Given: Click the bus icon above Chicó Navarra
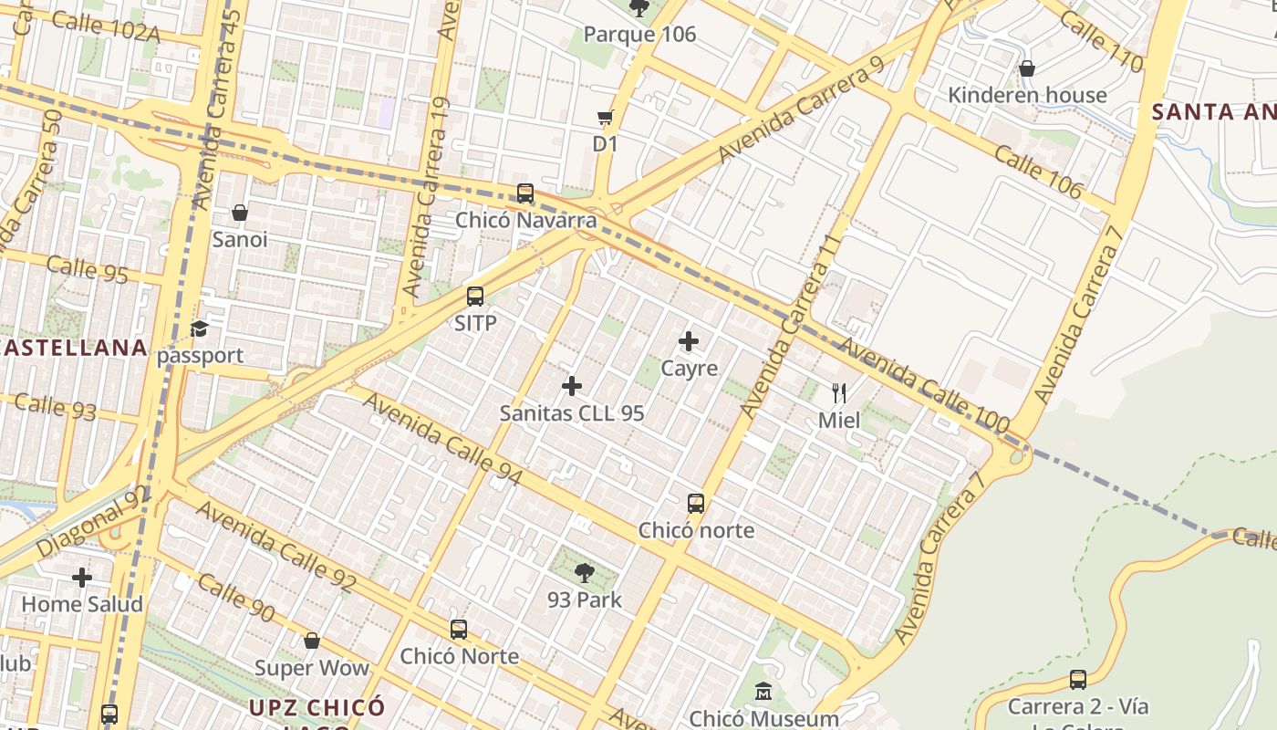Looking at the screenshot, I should click(x=525, y=193).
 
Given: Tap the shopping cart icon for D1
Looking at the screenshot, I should click(x=605, y=117).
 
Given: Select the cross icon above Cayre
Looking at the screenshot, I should click(x=689, y=341).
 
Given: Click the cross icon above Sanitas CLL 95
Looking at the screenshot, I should click(x=572, y=386).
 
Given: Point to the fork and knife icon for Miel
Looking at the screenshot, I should click(x=839, y=393).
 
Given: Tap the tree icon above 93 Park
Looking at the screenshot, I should click(x=585, y=573).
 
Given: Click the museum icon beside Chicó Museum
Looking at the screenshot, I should click(x=763, y=692).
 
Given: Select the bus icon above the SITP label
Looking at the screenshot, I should click(x=475, y=296).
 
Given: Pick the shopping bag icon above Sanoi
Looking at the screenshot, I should click(x=240, y=213).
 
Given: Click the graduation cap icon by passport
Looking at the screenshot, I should click(x=200, y=328).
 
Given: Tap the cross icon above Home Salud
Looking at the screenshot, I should click(x=82, y=577).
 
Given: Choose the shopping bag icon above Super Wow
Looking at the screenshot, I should click(x=312, y=641).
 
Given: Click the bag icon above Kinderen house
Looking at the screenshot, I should click(x=1027, y=68).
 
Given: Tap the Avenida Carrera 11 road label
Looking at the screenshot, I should click(x=790, y=326).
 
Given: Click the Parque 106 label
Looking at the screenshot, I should click(x=639, y=35).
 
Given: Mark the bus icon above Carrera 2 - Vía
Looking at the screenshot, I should click(x=1078, y=679).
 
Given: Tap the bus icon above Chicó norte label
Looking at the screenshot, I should click(x=696, y=503).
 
